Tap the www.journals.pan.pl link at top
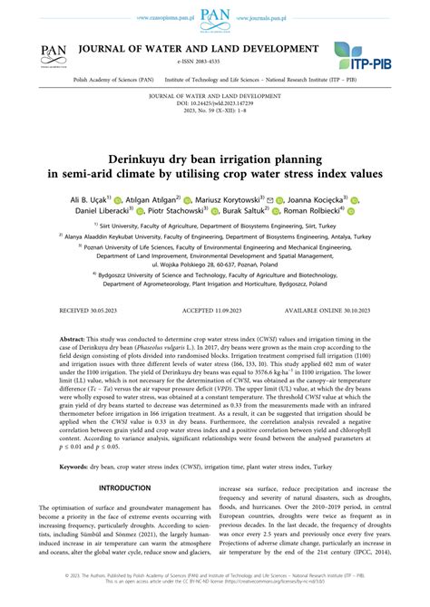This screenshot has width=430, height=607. pos(268,17)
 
